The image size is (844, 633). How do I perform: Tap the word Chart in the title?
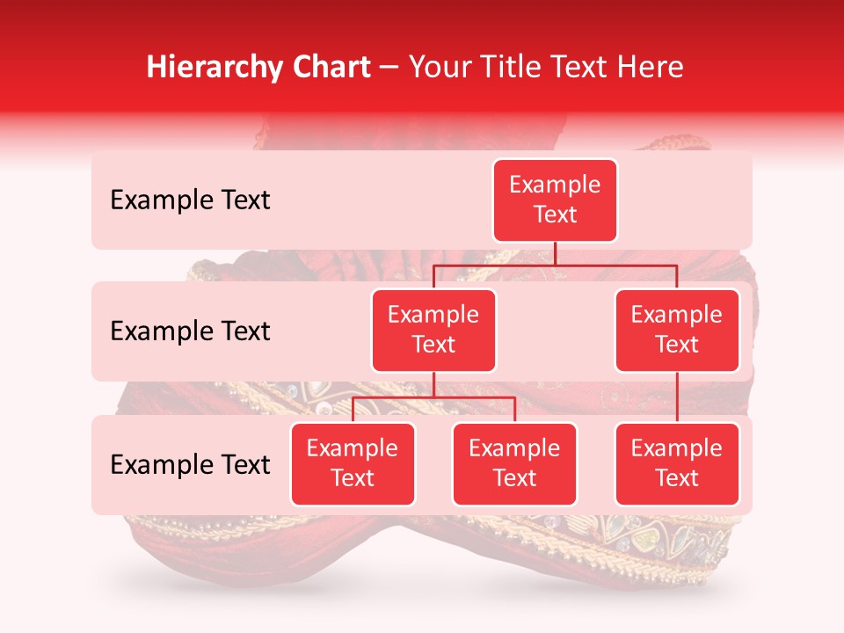pyautogui.click(x=330, y=67)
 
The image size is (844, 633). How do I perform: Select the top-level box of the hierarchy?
pyautogui.click(x=555, y=200)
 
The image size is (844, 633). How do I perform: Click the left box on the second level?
pyautogui.click(x=433, y=331)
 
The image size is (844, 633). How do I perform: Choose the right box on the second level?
pyautogui.click(x=677, y=331)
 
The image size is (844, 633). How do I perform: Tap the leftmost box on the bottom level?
pyautogui.click(x=353, y=464)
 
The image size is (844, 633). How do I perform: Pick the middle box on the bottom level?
pyautogui.click(x=514, y=464)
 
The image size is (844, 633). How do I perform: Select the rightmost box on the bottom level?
pyautogui.click(x=677, y=464)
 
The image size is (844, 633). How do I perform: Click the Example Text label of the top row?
pyautogui.click(x=190, y=200)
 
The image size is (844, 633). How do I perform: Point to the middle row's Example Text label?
pyautogui.click(x=190, y=331)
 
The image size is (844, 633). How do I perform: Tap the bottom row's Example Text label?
pyautogui.click(x=190, y=465)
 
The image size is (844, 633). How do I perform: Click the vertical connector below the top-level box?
pyautogui.click(x=555, y=253)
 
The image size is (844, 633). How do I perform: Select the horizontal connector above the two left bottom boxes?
pyautogui.click(x=433, y=397)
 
